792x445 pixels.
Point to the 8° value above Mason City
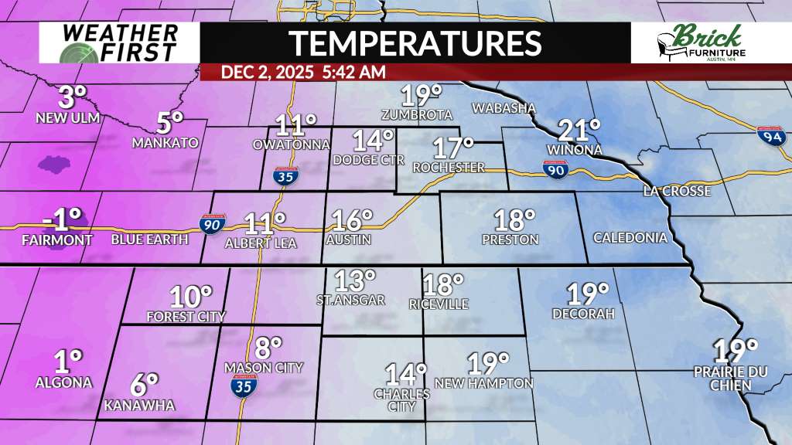tap(265, 348)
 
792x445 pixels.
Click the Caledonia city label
tap(630, 238)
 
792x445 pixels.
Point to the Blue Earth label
tap(149, 239)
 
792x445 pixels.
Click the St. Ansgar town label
tap(350, 300)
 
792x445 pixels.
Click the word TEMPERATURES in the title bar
tap(415, 42)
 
